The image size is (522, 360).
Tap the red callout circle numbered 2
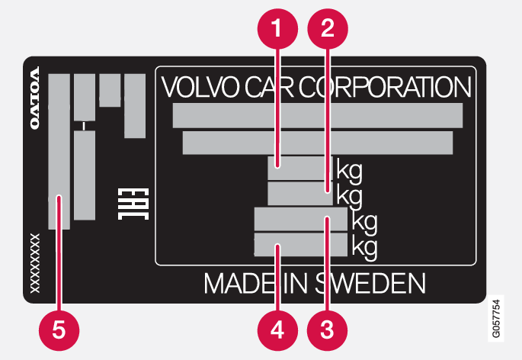point(327,28)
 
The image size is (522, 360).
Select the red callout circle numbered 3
point(327,329)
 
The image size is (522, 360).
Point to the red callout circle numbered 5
point(58,329)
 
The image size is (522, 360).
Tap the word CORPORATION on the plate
point(386,87)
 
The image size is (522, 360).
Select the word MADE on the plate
point(236,283)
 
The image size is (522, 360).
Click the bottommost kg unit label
point(363,246)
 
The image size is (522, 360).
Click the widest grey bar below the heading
point(318,115)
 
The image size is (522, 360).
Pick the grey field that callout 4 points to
point(299,246)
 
